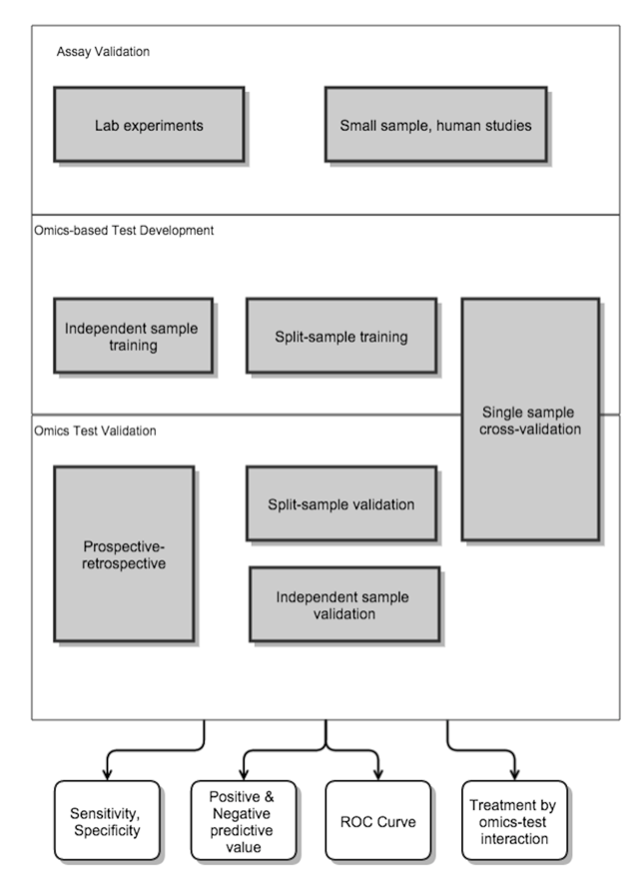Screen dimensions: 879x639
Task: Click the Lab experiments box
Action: pyautogui.click(x=149, y=124)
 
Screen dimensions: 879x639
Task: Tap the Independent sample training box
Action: pyautogui.click(x=133, y=337)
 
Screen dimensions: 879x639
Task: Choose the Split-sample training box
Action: pyautogui.click(x=340, y=337)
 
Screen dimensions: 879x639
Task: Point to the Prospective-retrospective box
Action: pyautogui.click(x=124, y=554)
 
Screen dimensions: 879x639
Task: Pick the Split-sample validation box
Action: pyautogui.click(x=340, y=503)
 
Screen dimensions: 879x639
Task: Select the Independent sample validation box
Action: pyautogui.click(x=343, y=604)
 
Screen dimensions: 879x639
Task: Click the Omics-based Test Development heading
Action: pyautogui.click(x=123, y=230)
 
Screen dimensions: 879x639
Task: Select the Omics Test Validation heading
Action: pyautogui.click(x=95, y=431)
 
